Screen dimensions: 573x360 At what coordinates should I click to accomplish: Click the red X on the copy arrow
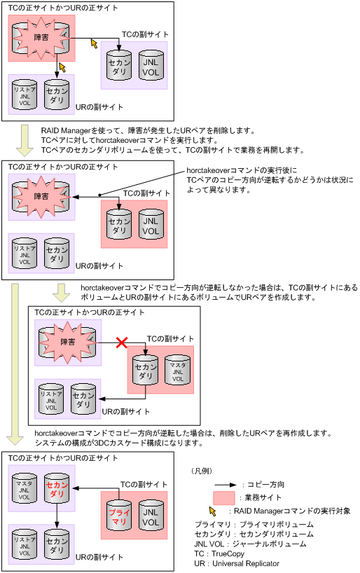pyautogui.click(x=121, y=343)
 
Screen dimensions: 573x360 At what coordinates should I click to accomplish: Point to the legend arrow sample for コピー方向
pyautogui.click(x=223, y=484)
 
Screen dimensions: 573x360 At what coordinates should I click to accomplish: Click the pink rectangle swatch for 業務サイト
pyautogui.click(x=223, y=499)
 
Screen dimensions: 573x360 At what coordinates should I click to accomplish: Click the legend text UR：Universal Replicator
pyautogui.click(x=237, y=563)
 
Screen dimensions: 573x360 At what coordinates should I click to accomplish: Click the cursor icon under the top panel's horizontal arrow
pyautogui.click(x=94, y=44)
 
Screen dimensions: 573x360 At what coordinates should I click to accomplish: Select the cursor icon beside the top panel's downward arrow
pyautogui.click(x=63, y=67)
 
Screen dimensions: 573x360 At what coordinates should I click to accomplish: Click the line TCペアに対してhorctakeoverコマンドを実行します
pyautogui.click(x=129, y=140)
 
